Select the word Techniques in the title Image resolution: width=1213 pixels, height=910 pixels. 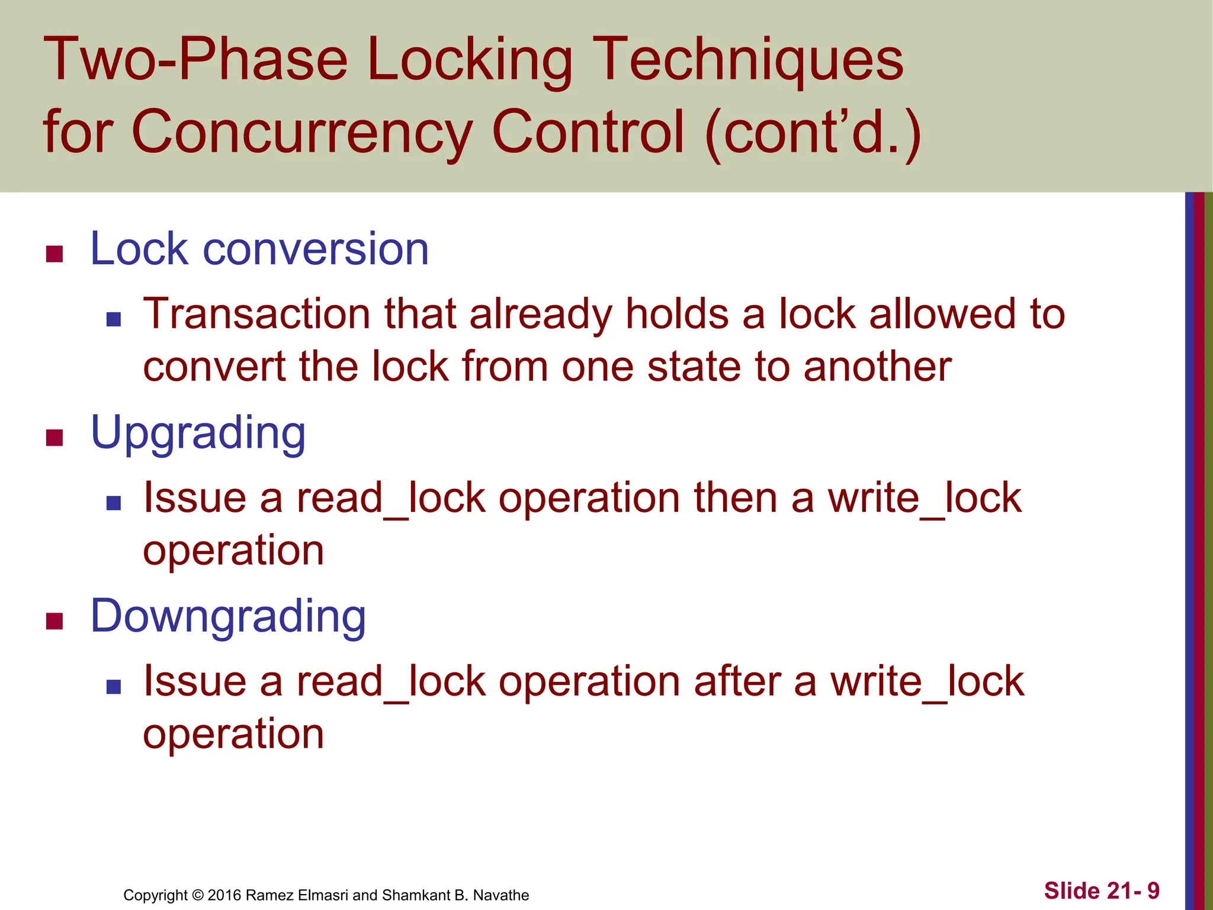[747, 60]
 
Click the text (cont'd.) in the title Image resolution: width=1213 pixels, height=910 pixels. [813, 132]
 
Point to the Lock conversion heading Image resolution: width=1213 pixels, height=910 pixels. [259, 249]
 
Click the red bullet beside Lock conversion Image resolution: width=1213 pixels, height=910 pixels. [54, 254]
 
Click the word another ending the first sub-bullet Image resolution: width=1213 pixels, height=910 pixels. [877, 367]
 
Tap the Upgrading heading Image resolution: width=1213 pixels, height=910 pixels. [198, 434]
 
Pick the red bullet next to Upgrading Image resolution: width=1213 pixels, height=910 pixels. [54, 438]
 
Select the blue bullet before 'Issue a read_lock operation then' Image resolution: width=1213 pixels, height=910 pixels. [114, 504]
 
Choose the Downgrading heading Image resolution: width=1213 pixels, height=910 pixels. [228, 617]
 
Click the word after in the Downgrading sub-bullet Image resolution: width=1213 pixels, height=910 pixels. [737, 681]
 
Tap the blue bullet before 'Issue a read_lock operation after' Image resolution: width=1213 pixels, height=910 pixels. [114, 687]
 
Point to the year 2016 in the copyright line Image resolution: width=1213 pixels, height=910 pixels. [224, 895]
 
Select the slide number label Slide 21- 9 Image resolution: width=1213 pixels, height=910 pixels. [1102, 890]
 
